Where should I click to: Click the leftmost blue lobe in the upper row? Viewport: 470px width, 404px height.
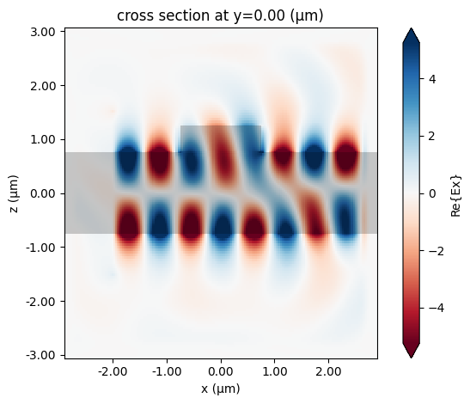(127, 159)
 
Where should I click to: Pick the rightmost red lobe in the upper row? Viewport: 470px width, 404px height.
(346, 159)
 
